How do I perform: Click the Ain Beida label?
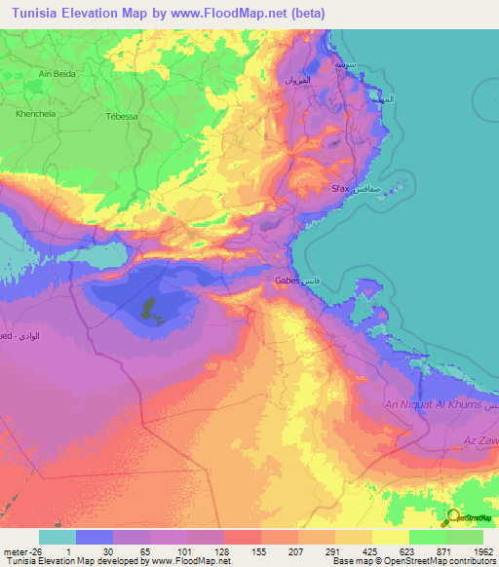tap(58, 73)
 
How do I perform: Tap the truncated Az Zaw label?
tap(480, 441)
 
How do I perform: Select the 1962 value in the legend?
tap(482, 549)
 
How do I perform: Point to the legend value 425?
tap(371, 549)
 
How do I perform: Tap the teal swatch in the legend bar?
tap(57, 537)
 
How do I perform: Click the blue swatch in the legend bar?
tap(94, 537)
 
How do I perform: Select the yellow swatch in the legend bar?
tap(390, 537)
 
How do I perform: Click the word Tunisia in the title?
tap(32, 13)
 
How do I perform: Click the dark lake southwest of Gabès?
tap(149, 311)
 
